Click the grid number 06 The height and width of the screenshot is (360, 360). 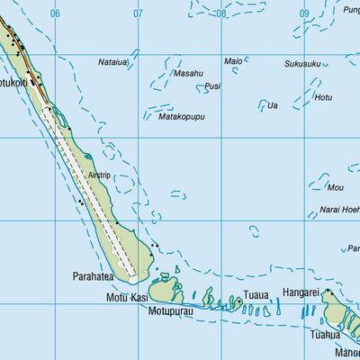coord(55,13)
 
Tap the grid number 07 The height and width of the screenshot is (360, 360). coord(138,13)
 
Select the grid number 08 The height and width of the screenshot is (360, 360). coord(221,13)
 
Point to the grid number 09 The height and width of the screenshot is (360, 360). coord(304,13)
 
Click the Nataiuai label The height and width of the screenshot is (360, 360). coord(113,62)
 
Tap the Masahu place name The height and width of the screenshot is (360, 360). coord(188,73)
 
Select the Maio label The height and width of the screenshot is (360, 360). coord(233,61)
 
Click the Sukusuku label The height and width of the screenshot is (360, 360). coord(302,64)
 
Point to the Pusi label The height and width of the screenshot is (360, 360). coord(212,86)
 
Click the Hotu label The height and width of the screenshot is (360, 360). coord(323,96)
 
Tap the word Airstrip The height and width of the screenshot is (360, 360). coord(99,175)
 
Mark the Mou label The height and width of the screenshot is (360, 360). coord(336,187)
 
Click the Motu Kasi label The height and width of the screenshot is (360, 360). coord(127,297)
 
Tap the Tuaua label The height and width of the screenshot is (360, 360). coord(256,294)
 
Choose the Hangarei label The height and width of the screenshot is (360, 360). coord(301,292)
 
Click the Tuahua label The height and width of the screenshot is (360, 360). coord(325,334)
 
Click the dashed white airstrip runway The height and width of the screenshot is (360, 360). coord(94,188)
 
